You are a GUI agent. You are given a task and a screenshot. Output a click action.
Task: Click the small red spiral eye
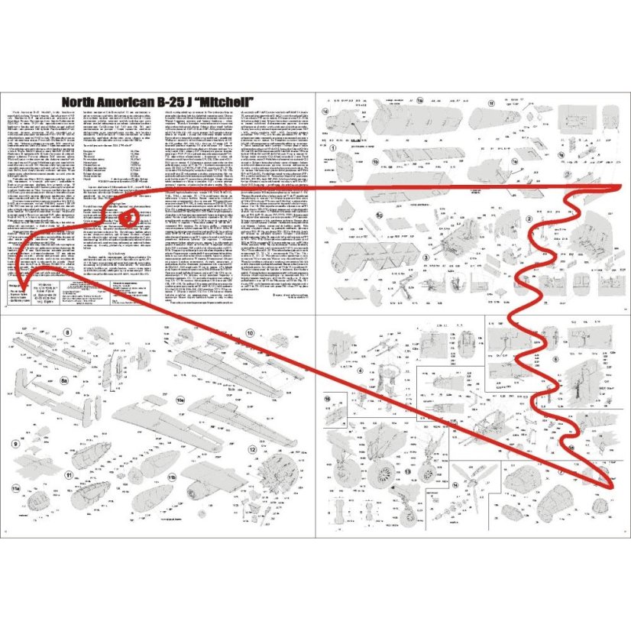point(129,218)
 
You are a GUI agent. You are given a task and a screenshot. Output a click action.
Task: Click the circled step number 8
point(68,332)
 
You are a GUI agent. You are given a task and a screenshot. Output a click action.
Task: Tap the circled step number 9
point(16,444)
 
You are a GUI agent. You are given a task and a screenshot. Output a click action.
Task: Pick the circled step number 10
point(250,332)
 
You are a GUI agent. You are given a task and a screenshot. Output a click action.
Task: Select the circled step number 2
point(529,220)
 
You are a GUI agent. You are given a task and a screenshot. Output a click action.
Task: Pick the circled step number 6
point(555,359)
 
